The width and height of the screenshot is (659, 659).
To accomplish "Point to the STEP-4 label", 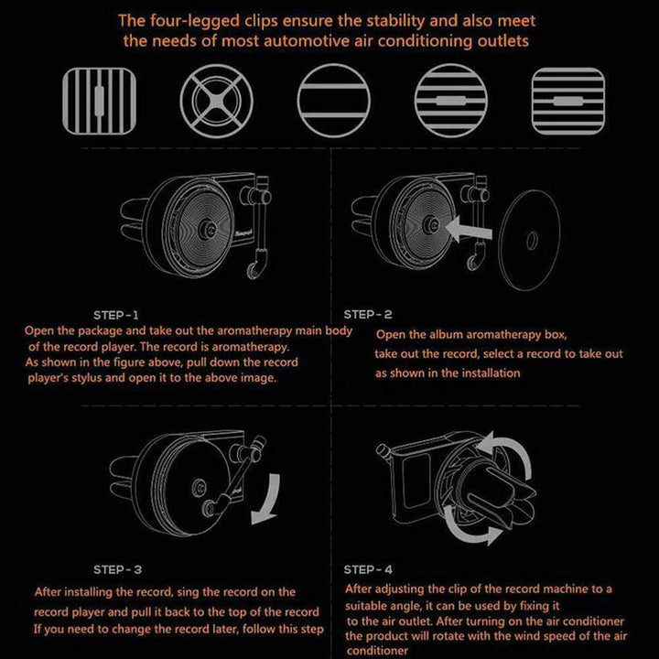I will click(x=370, y=567).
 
